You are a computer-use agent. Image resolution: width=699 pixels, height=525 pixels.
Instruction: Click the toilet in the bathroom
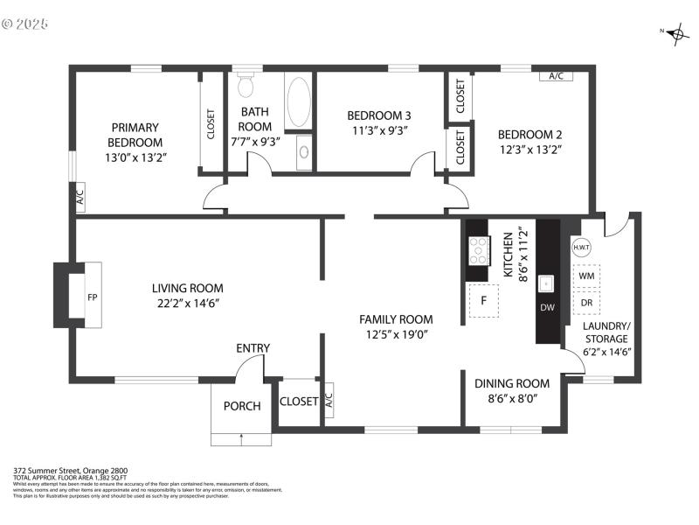(x=246, y=84)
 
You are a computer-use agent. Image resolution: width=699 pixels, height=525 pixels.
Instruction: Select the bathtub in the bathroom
(x=298, y=102)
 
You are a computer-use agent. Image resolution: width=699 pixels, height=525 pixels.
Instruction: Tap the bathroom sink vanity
(x=303, y=152)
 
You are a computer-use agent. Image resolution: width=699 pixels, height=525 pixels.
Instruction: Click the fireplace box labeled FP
(x=92, y=297)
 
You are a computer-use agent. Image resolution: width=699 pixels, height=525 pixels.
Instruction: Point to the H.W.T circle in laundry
(x=582, y=248)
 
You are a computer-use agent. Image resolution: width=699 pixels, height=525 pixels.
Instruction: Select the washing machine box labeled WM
(x=586, y=276)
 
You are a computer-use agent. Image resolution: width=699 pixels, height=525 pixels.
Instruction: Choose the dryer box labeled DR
(x=586, y=303)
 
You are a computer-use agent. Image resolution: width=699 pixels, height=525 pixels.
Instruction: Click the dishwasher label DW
(x=547, y=307)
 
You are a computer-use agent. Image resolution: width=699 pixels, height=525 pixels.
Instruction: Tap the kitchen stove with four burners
(x=478, y=251)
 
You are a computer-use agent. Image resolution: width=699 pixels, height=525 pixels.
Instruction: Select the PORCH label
(x=242, y=406)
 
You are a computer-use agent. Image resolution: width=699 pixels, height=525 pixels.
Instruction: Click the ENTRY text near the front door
(x=253, y=348)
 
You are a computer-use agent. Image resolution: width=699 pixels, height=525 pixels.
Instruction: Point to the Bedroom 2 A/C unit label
(x=556, y=76)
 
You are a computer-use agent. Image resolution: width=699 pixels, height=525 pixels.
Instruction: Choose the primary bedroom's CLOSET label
(x=211, y=124)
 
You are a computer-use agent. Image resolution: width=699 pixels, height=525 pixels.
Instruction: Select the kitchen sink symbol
(x=547, y=283)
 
